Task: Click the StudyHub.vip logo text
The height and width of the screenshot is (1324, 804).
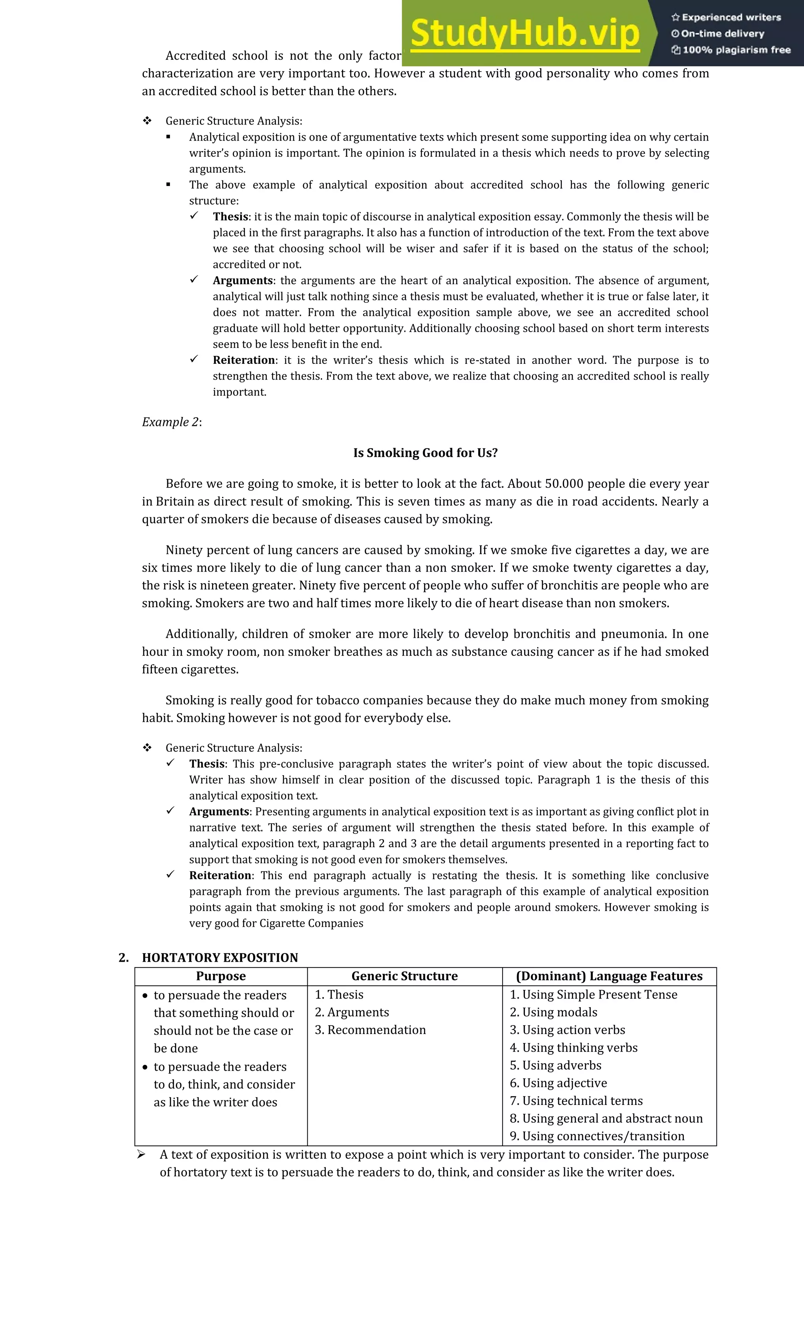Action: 524,33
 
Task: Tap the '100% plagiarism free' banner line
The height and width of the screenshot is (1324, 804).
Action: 731,50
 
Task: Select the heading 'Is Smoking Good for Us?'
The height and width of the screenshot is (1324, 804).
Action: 425,453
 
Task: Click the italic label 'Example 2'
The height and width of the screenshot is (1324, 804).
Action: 170,422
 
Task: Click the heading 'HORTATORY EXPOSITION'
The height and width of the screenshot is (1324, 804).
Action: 220,957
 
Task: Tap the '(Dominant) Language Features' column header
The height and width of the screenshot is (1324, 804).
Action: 609,976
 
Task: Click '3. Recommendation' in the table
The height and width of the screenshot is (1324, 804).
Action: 370,1030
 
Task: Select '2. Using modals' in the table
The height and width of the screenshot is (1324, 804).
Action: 554,1012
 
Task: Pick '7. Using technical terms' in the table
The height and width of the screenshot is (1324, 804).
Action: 576,1101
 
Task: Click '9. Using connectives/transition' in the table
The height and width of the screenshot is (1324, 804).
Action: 597,1136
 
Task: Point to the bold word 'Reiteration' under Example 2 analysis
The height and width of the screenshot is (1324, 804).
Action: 220,875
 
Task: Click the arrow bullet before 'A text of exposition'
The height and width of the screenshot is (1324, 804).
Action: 141,1154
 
